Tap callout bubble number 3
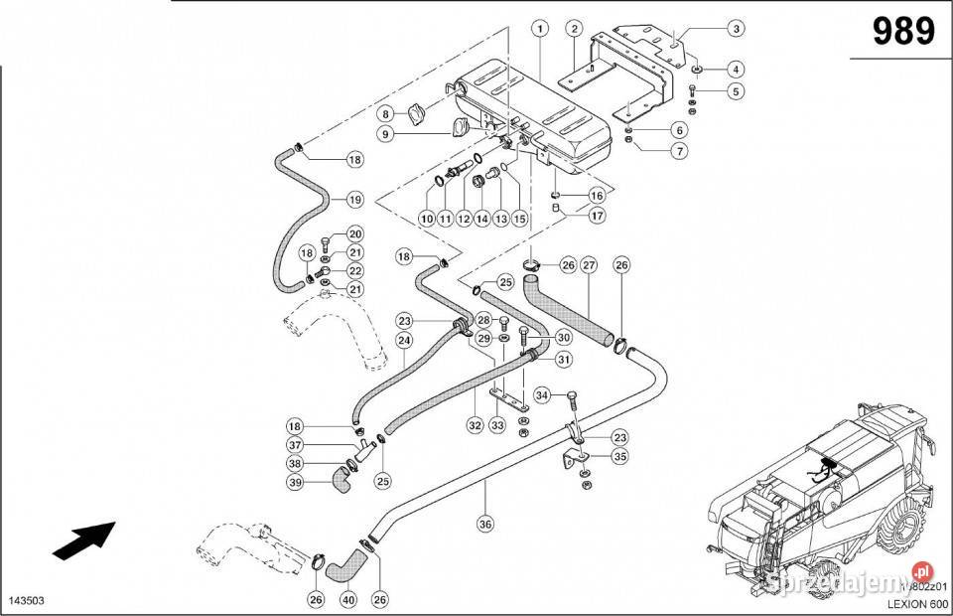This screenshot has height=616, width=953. tap(736, 28)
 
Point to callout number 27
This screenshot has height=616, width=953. tap(589, 265)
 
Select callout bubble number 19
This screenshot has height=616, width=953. tap(354, 199)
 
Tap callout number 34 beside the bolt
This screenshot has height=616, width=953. tap(541, 395)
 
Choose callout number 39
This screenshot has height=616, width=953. tap(295, 483)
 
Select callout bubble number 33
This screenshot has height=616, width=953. tap(497, 425)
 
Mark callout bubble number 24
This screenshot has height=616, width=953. tap(404, 340)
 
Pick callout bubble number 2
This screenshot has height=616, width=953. tap(575, 28)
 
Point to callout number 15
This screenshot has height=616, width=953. tap(518, 218)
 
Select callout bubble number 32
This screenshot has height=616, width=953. tap(476, 425)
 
